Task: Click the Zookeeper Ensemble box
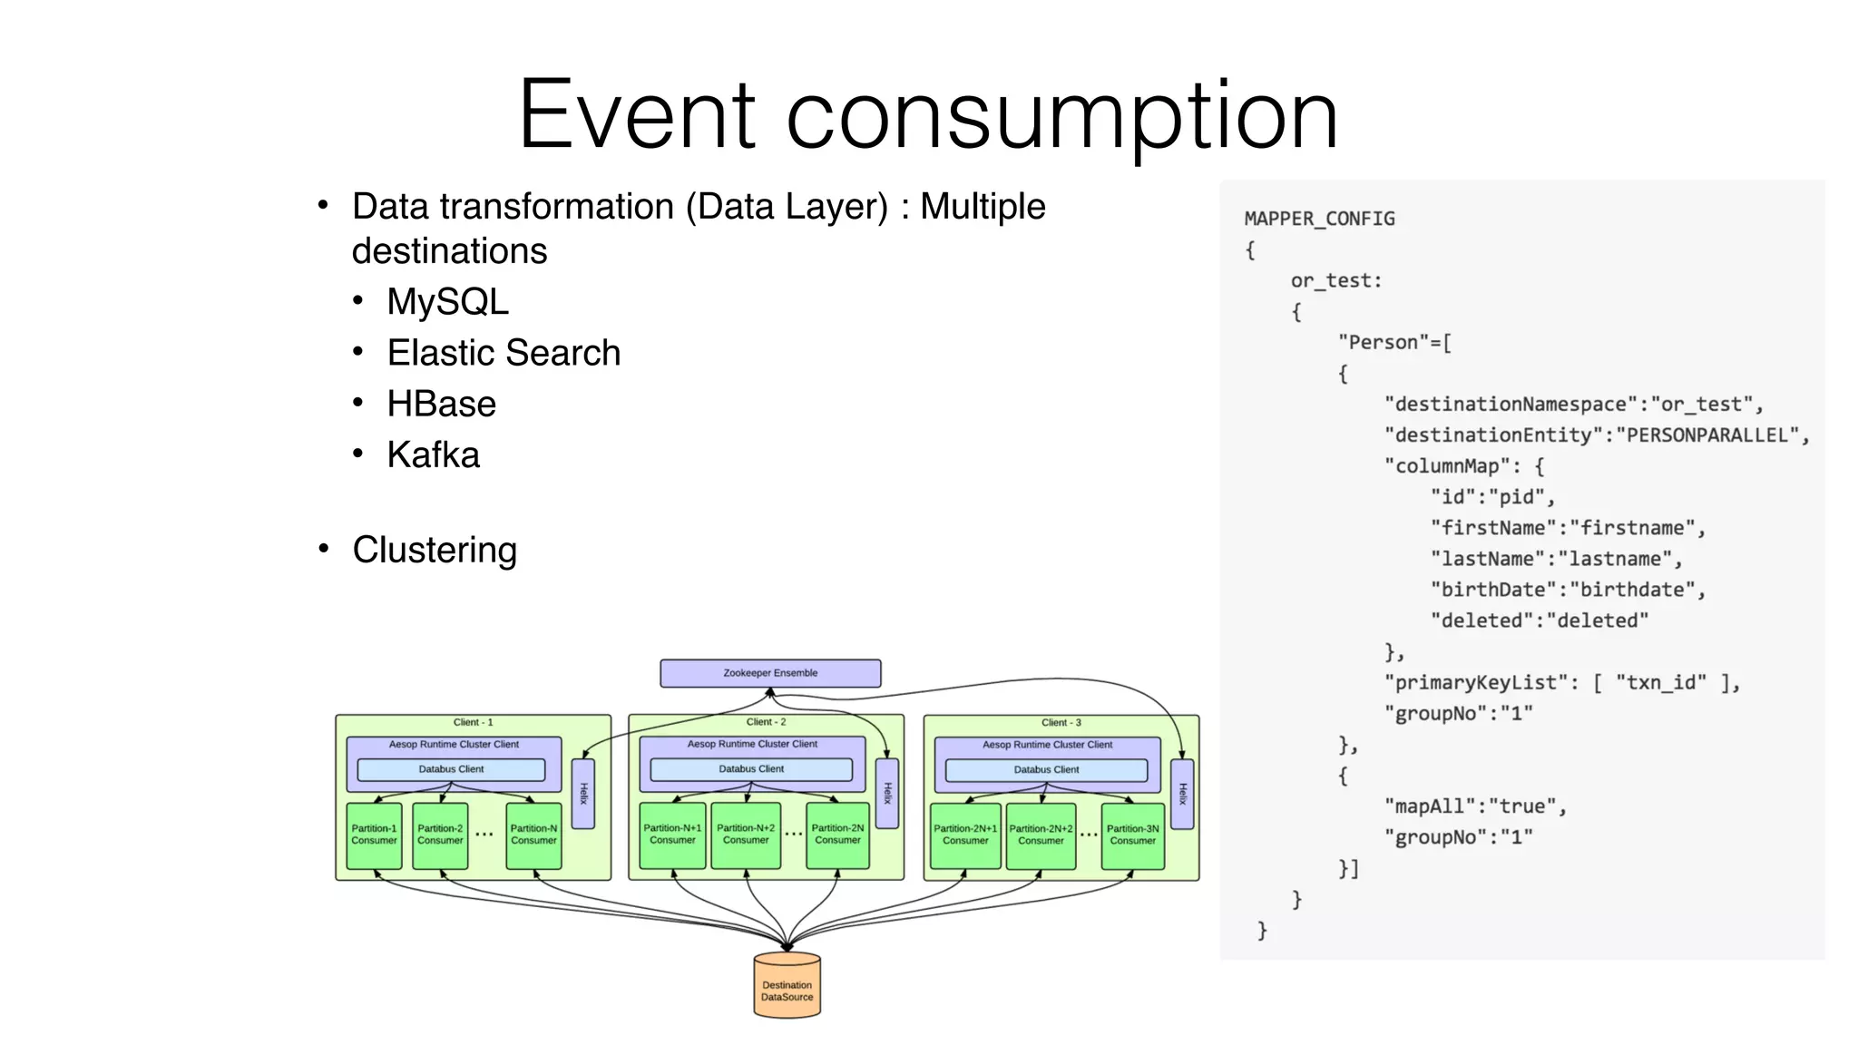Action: coord(770,673)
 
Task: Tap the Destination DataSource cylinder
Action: coord(787,990)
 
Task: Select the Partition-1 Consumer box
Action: coord(374,835)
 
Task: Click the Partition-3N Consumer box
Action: coord(1132,835)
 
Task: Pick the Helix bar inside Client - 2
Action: coord(887,793)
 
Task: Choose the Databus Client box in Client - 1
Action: coord(451,769)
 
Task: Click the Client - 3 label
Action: coord(1061,723)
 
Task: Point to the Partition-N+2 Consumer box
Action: coord(746,835)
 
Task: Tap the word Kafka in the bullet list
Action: coord(433,454)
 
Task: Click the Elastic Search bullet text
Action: coord(504,353)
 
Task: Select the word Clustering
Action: coord(435,550)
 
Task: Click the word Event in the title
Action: coord(636,115)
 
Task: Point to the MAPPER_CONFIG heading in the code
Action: coord(1319,219)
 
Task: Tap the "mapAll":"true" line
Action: coord(1475,806)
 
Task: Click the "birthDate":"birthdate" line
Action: coord(1568,590)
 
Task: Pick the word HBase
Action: coord(441,404)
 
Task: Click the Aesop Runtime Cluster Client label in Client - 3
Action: coord(1047,745)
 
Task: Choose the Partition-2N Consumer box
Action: coord(837,835)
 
